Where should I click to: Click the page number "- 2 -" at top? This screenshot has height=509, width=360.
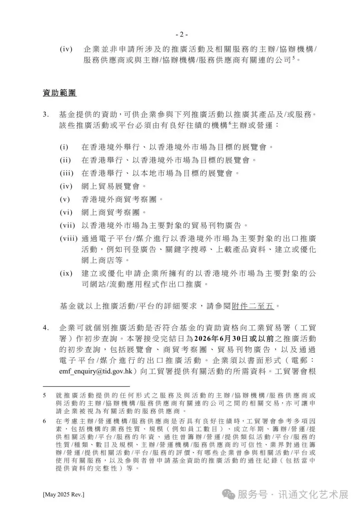[x=182, y=34]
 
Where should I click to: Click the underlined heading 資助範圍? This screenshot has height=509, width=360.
[x=60, y=93]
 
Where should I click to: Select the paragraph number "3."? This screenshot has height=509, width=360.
[x=46, y=115]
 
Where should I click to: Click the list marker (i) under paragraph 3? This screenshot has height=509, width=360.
[x=64, y=147]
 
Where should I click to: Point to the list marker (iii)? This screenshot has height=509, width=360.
[x=66, y=173]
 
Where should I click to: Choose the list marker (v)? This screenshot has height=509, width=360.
[x=65, y=199]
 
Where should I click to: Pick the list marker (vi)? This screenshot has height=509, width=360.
[x=66, y=212]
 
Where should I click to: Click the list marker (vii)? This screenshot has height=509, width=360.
[x=67, y=225]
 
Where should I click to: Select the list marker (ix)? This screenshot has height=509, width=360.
[x=66, y=273]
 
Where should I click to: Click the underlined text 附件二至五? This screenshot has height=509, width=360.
[x=253, y=306]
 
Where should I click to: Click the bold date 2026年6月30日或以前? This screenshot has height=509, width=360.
[x=234, y=339]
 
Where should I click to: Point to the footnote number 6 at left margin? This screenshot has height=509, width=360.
[x=45, y=421]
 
